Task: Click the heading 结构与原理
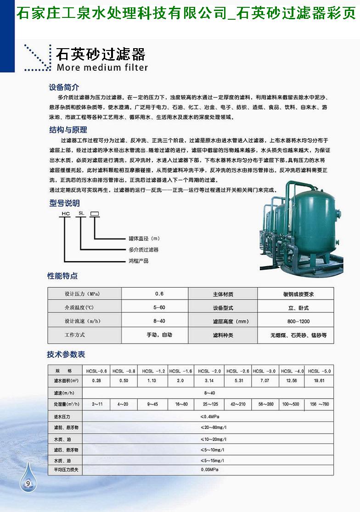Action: coord(67,130)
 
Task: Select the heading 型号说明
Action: coord(64,203)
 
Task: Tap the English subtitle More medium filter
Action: coord(101,68)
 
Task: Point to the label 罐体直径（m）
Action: coord(144,239)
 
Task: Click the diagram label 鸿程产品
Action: coord(139,261)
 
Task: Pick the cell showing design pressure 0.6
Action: coord(159,294)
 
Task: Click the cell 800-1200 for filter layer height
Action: coord(295,321)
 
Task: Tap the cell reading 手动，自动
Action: coord(159,335)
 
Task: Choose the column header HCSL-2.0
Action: coord(209,371)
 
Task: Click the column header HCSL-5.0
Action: coord(320,371)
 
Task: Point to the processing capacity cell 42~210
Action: coord(238,404)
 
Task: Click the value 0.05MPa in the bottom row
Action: coord(209,470)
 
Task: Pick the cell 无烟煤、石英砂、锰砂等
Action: coord(298,335)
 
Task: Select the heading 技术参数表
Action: coord(66,355)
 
